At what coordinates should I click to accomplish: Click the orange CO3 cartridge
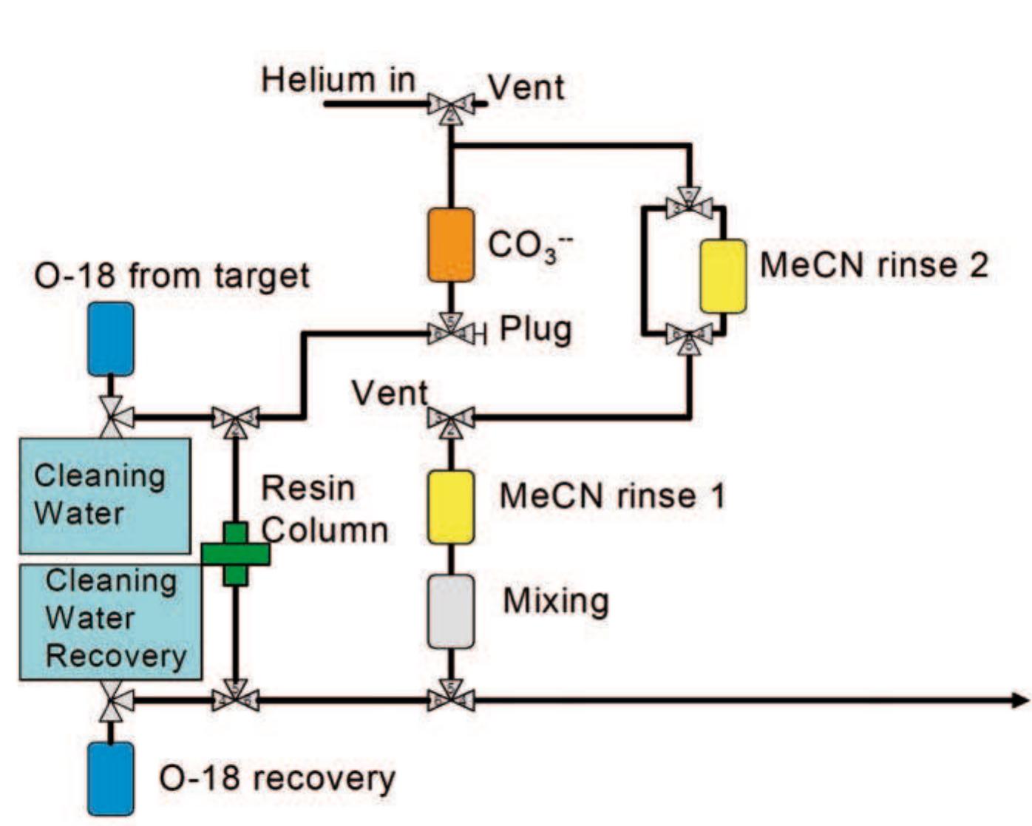pyautogui.click(x=451, y=245)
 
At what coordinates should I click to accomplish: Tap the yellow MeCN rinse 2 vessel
pyautogui.click(x=723, y=276)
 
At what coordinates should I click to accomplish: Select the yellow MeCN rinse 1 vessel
pyautogui.click(x=451, y=507)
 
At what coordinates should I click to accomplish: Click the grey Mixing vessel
pyautogui.click(x=451, y=611)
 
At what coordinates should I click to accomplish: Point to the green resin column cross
pyautogui.click(x=235, y=554)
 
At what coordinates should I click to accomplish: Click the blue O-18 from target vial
pyautogui.click(x=111, y=339)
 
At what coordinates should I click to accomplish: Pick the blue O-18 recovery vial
pyautogui.click(x=111, y=779)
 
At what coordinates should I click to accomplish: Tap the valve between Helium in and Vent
pyautogui.click(x=451, y=106)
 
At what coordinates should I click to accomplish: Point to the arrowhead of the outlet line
pyautogui.click(x=1020, y=700)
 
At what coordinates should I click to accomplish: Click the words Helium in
pyautogui.click(x=338, y=80)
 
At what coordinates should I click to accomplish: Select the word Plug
pyautogui.click(x=536, y=329)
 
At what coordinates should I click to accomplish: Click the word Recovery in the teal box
pyautogui.click(x=116, y=656)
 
